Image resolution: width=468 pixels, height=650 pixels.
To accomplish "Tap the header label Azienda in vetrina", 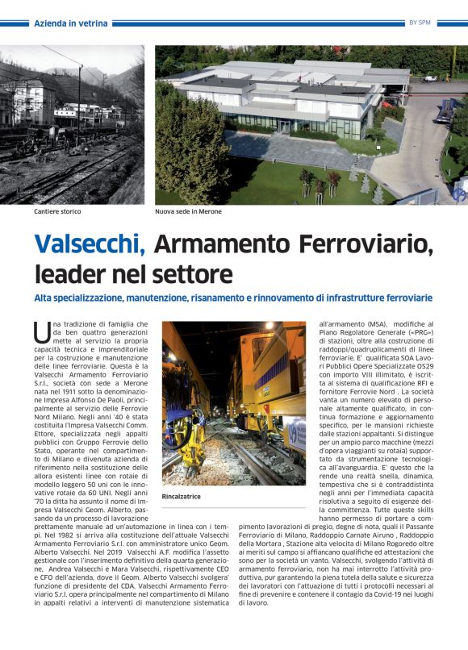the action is [x=71, y=23].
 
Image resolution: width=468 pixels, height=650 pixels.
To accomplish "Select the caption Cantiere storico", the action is [x=57, y=211].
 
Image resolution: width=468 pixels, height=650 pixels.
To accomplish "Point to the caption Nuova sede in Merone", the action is [x=188, y=211].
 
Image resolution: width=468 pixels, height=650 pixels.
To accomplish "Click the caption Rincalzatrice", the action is [x=182, y=496].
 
